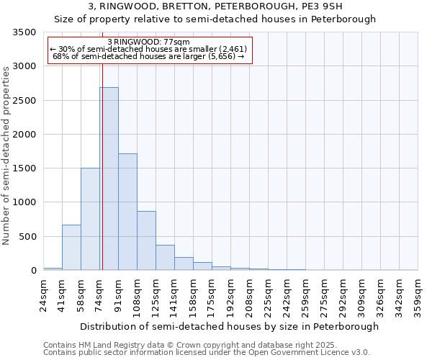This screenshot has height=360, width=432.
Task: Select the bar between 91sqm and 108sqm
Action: [x=127, y=212]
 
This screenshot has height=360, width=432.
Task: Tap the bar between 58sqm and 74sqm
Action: [x=90, y=219]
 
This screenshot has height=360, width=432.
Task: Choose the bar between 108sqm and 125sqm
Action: [x=146, y=240]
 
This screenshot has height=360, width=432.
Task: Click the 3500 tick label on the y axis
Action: [x=25, y=32]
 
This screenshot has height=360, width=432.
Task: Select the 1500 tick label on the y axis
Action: [x=25, y=168]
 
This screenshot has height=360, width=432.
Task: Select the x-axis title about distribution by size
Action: [x=229, y=326]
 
